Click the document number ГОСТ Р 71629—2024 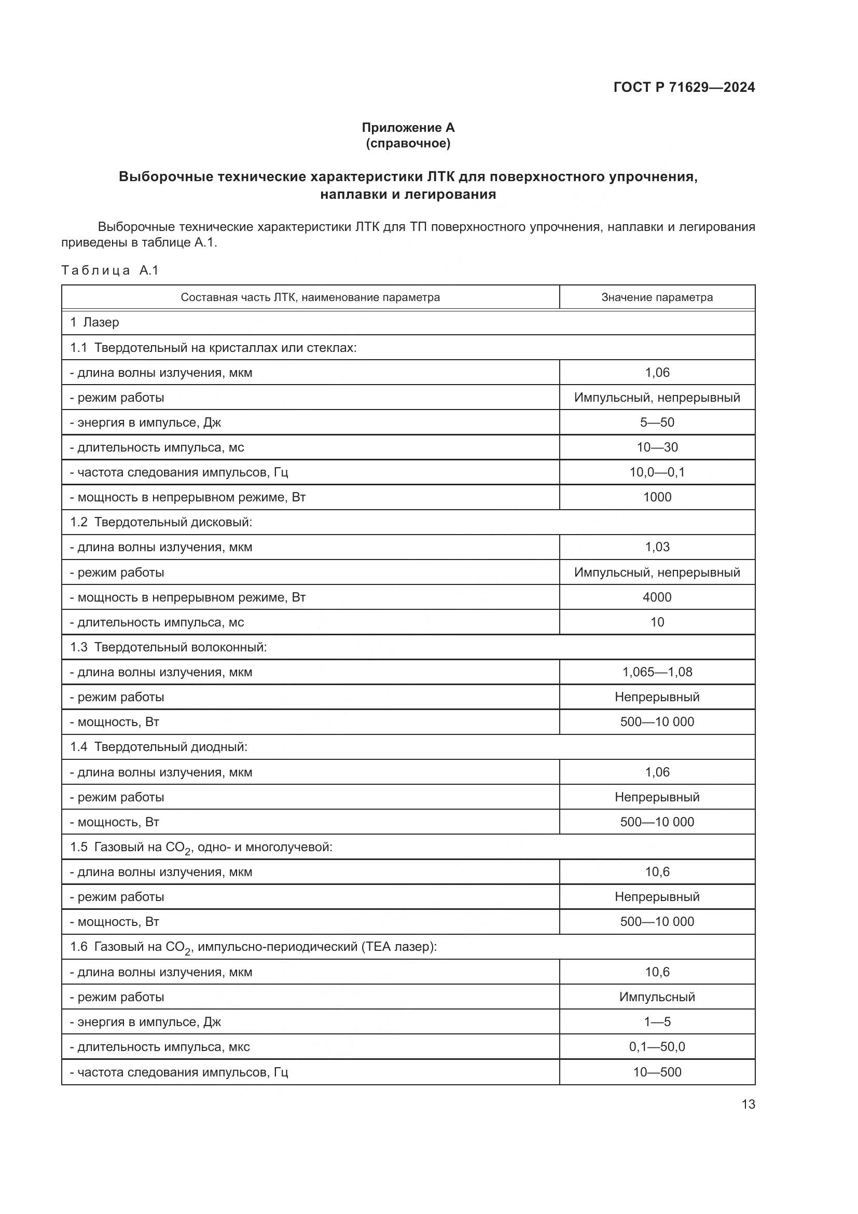(684, 88)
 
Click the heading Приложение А (408, 128)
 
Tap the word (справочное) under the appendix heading (408, 143)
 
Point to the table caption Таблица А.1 (110, 271)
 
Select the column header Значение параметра (657, 297)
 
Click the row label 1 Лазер (94, 322)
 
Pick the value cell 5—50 (657, 422)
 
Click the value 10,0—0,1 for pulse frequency (657, 472)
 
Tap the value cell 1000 (657, 497)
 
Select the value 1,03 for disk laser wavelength (657, 547)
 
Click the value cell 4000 (657, 597)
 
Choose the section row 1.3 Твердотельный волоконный (169, 647)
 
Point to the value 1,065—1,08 (657, 672)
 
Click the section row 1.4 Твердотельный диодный (159, 747)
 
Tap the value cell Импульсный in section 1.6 (657, 997)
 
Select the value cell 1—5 (657, 1022)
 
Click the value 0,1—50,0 (657, 1047)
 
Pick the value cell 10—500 (657, 1072)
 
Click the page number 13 (748, 1104)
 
